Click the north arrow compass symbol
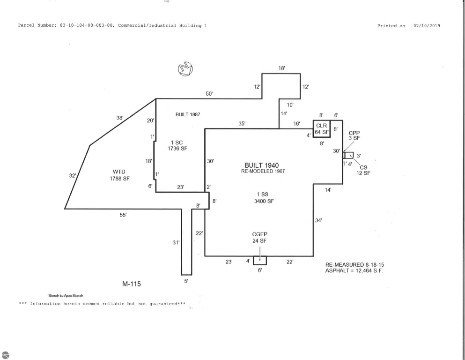(x=185, y=69)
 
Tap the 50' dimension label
(x=209, y=94)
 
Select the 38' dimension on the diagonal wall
(x=119, y=118)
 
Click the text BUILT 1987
(x=188, y=114)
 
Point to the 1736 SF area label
(x=177, y=149)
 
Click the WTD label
(x=119, y=172)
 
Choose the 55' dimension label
(x=123, y=215)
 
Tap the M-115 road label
(x=132, y=284)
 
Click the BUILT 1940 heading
(x=262, y=165)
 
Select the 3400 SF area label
(x=264, y=201)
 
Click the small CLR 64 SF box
(x=322, y=129)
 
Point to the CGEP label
(x=259, y=234)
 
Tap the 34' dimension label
(x=318, y=220)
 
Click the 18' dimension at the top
(x=281, y=68)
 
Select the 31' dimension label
(x=176, y=242)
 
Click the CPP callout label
(x=354, y=133)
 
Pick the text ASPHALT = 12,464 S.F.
(x=354, y=270)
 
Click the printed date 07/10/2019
(x=427, y=26)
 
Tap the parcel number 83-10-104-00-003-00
(x=86, y=25)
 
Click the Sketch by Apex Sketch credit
(x=66, y=296)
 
